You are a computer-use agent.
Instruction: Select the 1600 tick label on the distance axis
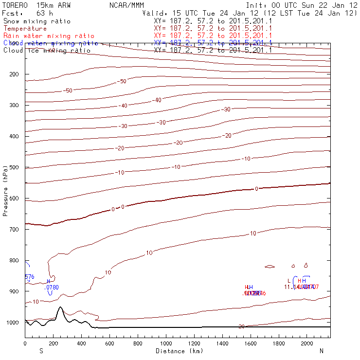coord(251,344)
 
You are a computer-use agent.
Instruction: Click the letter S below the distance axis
coord(41,351)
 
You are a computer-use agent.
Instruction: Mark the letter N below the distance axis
coord(322,351)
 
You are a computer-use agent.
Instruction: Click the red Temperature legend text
coord(25,29)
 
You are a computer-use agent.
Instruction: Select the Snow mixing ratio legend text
coord(37,21)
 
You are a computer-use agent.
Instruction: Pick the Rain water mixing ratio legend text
coord(49,36)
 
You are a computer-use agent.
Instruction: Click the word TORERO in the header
coord(15,6)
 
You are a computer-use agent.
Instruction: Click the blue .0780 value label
coord(51,288)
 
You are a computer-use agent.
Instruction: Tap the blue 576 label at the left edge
coord(29,277)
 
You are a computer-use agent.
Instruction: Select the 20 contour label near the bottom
coord(241,326)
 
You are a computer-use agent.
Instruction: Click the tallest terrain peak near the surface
coord(60,307)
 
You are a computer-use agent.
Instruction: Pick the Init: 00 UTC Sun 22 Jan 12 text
coord(301,6)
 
